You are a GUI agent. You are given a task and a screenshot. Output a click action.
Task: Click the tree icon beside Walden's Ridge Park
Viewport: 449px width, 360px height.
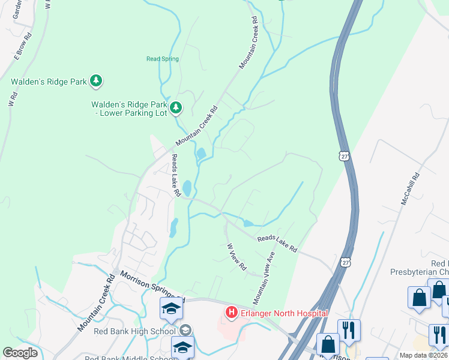point(96,81)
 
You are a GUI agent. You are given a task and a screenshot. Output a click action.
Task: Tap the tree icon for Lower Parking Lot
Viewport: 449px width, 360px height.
point(176,107)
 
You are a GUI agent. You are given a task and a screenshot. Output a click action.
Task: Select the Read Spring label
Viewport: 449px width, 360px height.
point(163,59)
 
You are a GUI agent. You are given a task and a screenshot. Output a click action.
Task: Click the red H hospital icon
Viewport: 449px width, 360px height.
point(231,313)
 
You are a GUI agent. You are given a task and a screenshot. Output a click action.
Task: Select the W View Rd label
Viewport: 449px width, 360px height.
point(237,256)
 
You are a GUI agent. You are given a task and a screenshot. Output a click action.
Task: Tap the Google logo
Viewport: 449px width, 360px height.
point(20,353)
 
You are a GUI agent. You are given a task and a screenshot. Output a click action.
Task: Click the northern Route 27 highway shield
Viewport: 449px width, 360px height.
point(342,156)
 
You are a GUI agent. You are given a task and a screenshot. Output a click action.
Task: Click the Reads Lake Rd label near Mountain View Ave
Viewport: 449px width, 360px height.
point(277,243)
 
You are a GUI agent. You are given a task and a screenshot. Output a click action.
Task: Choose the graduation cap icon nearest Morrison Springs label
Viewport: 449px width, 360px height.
point(171,308)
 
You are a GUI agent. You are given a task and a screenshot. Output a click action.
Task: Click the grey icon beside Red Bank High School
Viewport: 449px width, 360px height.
point(185,330)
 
